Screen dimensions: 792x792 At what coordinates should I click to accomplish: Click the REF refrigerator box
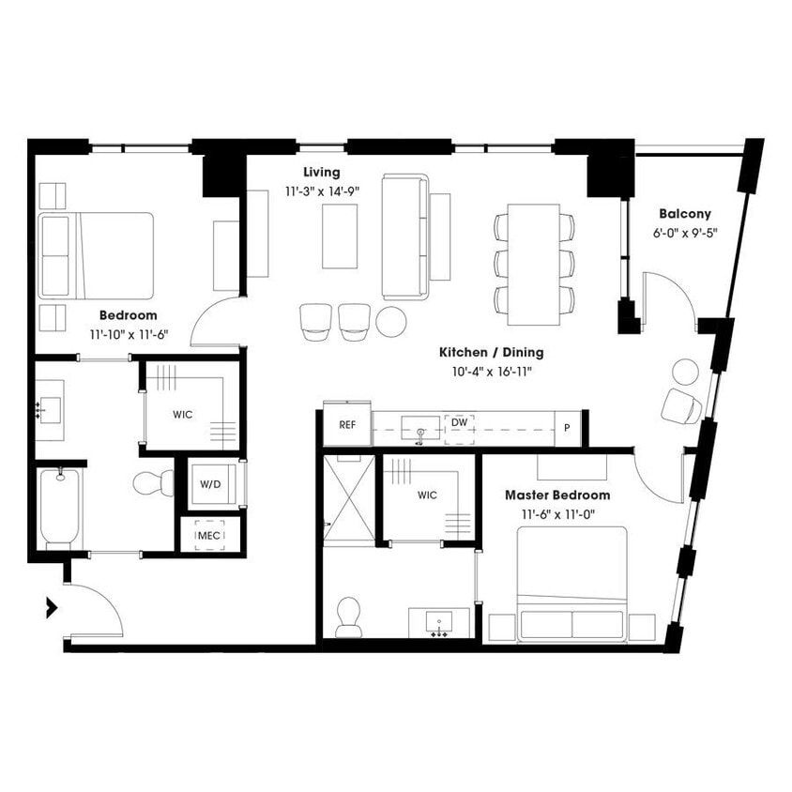(x=347, y=425)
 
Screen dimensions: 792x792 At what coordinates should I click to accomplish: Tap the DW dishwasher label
(x=459, y=423)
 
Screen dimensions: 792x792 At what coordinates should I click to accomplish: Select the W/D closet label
(x=210, y=485)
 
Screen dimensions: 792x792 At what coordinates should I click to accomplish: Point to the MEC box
(x=209, y=535)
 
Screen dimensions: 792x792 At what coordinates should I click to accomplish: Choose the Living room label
(x=321, y=173)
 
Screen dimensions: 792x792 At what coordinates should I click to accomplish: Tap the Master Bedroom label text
(x=556, y=495)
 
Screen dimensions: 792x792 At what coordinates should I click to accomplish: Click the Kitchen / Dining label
(x=491, y=353)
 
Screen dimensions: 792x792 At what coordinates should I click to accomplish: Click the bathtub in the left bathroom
(x=60, y=508)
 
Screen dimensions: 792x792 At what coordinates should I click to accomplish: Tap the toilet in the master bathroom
(x=348, y=617)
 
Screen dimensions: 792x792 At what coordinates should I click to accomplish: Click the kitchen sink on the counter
(x=419, y=429)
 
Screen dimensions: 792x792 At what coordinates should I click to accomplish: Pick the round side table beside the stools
(x=391, y=322)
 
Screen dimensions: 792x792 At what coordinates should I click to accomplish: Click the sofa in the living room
(x=405, y=236)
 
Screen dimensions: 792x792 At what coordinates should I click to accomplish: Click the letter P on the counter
(x=566, y=428)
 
